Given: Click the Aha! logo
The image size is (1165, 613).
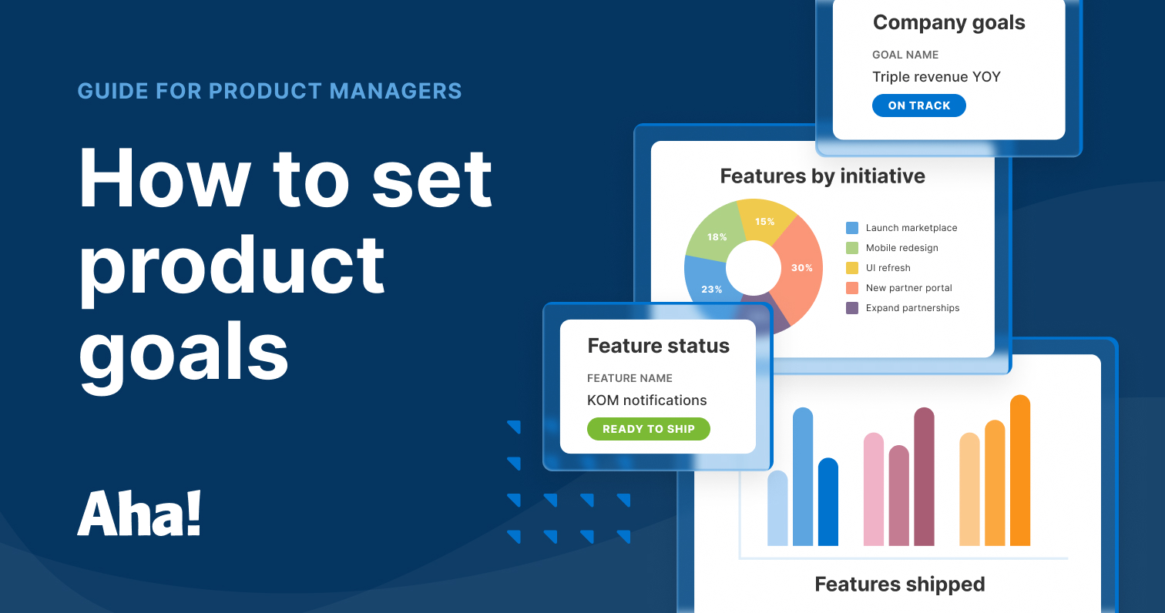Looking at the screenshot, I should [139, 514].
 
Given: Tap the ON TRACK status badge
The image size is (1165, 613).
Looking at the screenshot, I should [918, 106].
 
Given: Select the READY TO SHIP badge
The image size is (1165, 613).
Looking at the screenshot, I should [648, 429].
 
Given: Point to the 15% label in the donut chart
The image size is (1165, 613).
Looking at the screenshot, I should [764, 222].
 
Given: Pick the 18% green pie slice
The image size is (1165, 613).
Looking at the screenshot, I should [712, 235].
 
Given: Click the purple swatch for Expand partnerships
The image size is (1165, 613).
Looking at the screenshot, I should [852, 308].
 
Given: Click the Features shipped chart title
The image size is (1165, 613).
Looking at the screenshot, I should [899, 585].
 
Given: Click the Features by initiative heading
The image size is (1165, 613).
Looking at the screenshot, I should [822, 176].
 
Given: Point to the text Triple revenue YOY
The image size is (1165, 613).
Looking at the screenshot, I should [936, 77].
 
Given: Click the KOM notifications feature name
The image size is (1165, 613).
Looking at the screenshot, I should [646, 400].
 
